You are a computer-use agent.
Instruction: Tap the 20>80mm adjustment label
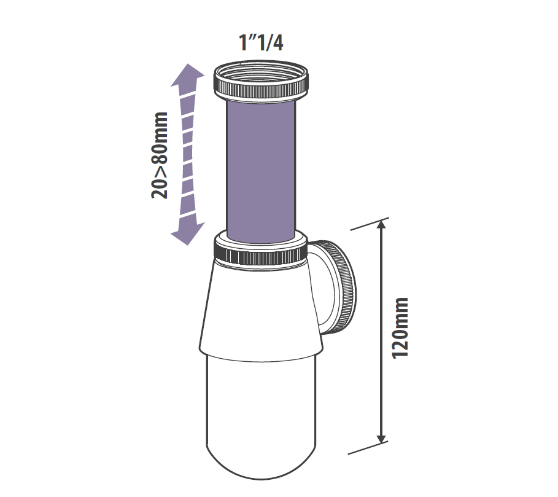click(x=159, y=155)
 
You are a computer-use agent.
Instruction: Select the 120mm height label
click(x=400, y=328)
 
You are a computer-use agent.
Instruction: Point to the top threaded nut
click(x=262, y=81)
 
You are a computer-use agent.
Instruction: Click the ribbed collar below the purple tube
click(x=261, y=249)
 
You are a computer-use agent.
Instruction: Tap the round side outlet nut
click(x=343, y=288)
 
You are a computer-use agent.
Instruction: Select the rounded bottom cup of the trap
click(x=262, y=417)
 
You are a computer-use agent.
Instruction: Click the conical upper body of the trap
click(x=261, y=308)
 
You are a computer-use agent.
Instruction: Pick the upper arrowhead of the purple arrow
click(x=188, y=75)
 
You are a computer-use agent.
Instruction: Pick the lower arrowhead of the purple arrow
click(x=188, y=234)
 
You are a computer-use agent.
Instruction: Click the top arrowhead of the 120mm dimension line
click(x=381, y=226)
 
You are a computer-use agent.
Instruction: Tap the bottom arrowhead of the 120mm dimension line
click(x=381, y=437)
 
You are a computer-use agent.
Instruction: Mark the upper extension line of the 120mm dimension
click(x=370, y=224)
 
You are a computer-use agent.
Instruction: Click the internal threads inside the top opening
click(x=261, y=72)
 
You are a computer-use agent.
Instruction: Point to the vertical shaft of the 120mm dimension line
click(x=381, y=332)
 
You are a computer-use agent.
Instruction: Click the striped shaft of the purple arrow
click(x=188, y=154)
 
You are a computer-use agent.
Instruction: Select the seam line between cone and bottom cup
click(x=262, y=358)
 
